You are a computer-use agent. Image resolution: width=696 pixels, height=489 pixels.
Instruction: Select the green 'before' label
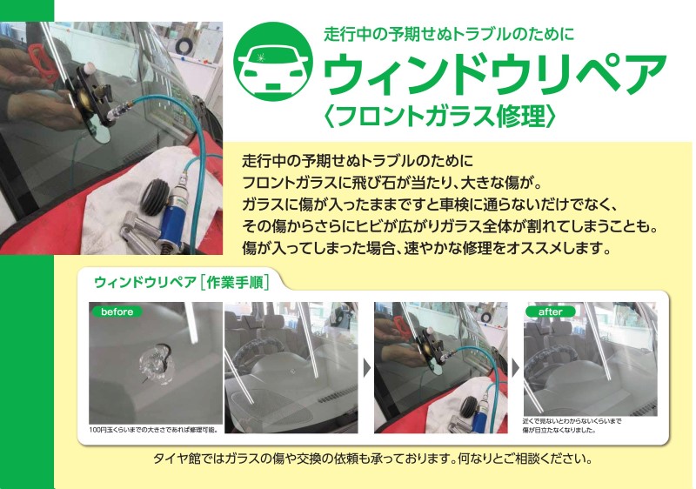[x=117, y=311]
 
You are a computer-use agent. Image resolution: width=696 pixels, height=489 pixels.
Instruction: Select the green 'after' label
[x=551, y=312]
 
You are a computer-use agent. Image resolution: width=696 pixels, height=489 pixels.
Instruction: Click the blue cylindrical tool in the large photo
[x=176, y=210]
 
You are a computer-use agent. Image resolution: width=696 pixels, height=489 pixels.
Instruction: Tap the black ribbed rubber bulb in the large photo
[x=156, y=198]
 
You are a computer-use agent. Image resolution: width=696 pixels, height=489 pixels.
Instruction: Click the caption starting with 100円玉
[x=154, y=430]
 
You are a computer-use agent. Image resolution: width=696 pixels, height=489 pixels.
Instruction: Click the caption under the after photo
[x=572, y=425]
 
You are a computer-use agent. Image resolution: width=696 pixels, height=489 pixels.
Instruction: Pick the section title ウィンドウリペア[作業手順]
[x=182, y=282]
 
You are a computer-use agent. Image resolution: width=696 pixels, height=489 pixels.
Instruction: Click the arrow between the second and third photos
[x=366, y=368]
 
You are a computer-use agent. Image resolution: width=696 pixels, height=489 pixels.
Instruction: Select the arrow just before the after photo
[x=515, y=368]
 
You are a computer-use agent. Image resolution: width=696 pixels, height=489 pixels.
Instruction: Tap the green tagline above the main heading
[x=449, y=34]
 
